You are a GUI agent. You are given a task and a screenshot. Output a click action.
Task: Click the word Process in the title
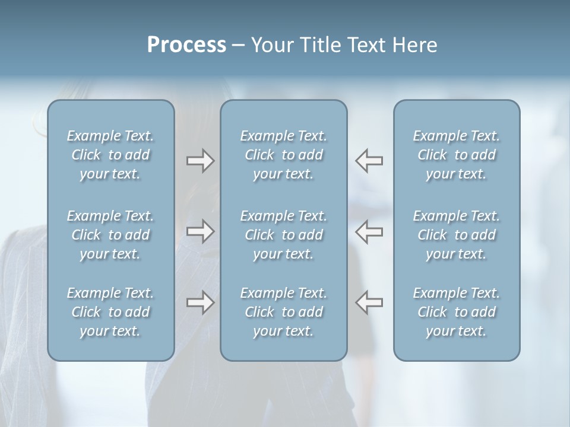[186, 45]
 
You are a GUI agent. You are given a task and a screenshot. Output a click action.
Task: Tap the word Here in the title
[413, 45]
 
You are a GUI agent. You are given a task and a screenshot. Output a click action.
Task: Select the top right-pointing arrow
[200, 161]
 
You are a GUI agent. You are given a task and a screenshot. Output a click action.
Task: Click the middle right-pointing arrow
[200, 231]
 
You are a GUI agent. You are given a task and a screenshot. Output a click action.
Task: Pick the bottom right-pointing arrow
[200, 302]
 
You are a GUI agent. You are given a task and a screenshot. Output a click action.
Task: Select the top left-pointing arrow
[369, 161]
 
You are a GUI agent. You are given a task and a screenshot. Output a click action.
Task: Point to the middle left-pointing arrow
[369, 231]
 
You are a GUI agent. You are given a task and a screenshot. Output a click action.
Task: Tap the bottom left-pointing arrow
[369, 302]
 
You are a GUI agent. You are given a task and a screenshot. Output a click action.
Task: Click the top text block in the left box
[110, 155]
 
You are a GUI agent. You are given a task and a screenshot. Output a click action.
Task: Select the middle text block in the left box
[110, 235]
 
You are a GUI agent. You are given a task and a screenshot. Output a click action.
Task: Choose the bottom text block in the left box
[110, 312]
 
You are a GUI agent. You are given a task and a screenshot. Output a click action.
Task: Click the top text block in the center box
[283, 155]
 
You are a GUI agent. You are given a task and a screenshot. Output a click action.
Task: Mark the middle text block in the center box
[283, 235]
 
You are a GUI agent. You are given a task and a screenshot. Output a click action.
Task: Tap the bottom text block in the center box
[283, 312]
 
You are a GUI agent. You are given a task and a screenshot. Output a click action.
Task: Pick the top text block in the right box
[456, 155]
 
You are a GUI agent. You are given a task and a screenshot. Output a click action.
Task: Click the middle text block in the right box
[456, 235]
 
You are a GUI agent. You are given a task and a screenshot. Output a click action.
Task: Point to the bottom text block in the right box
[456, 312]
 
